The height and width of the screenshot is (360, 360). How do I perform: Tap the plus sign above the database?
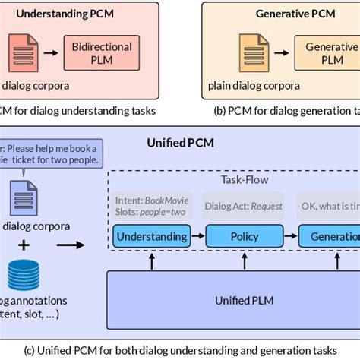tap(24, 245)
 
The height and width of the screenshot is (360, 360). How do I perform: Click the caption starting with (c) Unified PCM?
tap(180, 349)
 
